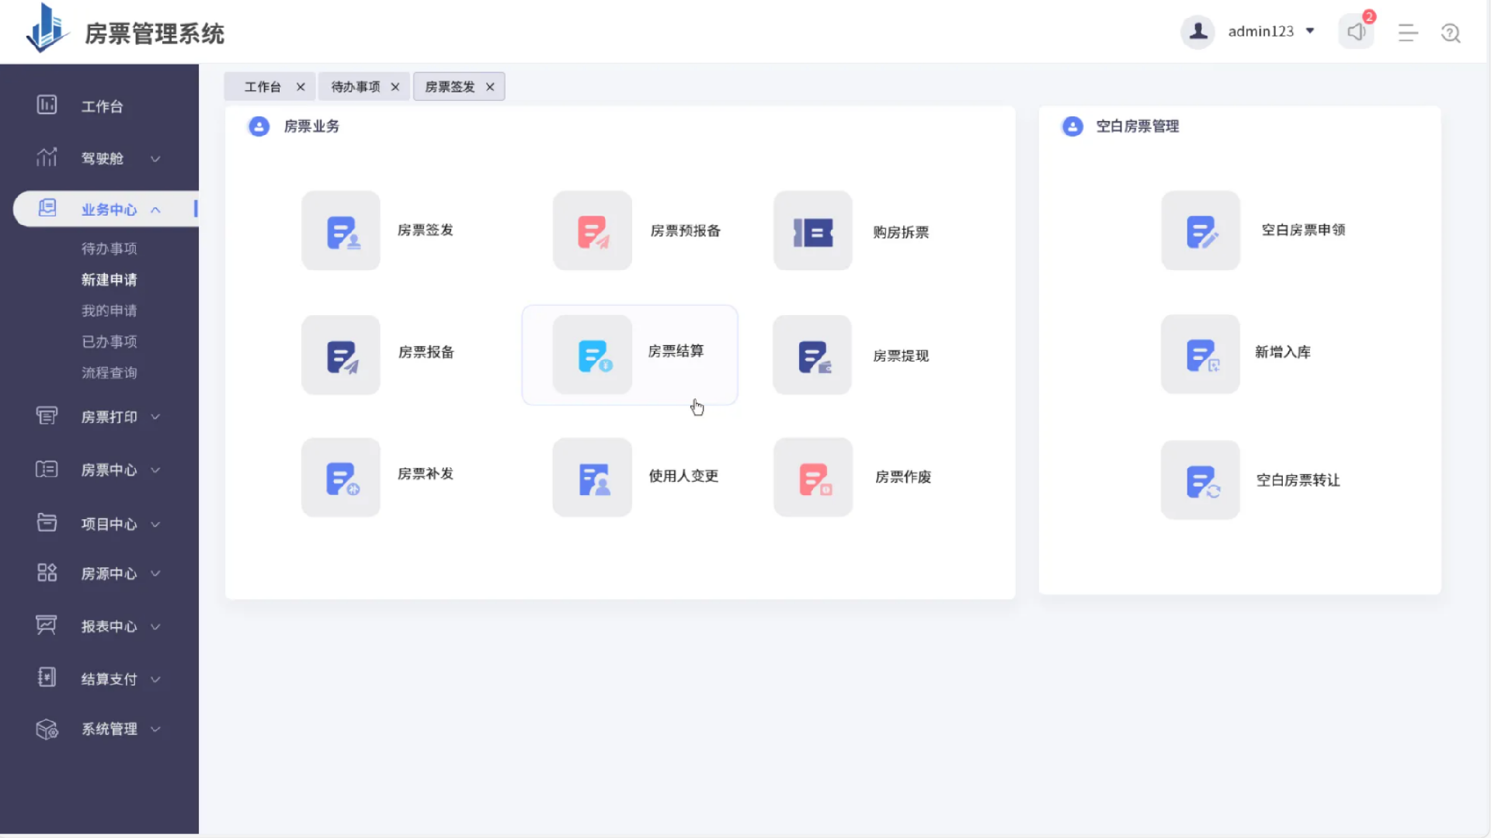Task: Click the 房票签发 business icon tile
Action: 341,231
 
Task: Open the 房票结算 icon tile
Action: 593,355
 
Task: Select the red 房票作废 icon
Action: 813,478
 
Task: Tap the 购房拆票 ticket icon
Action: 813,231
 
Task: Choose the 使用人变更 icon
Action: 593,478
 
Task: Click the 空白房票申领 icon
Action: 1201,231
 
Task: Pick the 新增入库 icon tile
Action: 1201,355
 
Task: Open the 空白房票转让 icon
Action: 1201,480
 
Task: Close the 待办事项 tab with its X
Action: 395,87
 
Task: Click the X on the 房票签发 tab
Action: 490,87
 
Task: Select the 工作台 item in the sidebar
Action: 102,106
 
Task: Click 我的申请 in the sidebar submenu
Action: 109,310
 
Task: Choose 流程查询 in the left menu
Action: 109,372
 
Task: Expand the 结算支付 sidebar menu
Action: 109,679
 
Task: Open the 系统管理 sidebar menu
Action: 109,729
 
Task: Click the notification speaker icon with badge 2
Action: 1356,32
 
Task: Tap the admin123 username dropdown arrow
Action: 1310,31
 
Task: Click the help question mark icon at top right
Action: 1451,33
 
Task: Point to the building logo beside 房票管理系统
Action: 47,29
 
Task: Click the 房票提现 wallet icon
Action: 813,355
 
